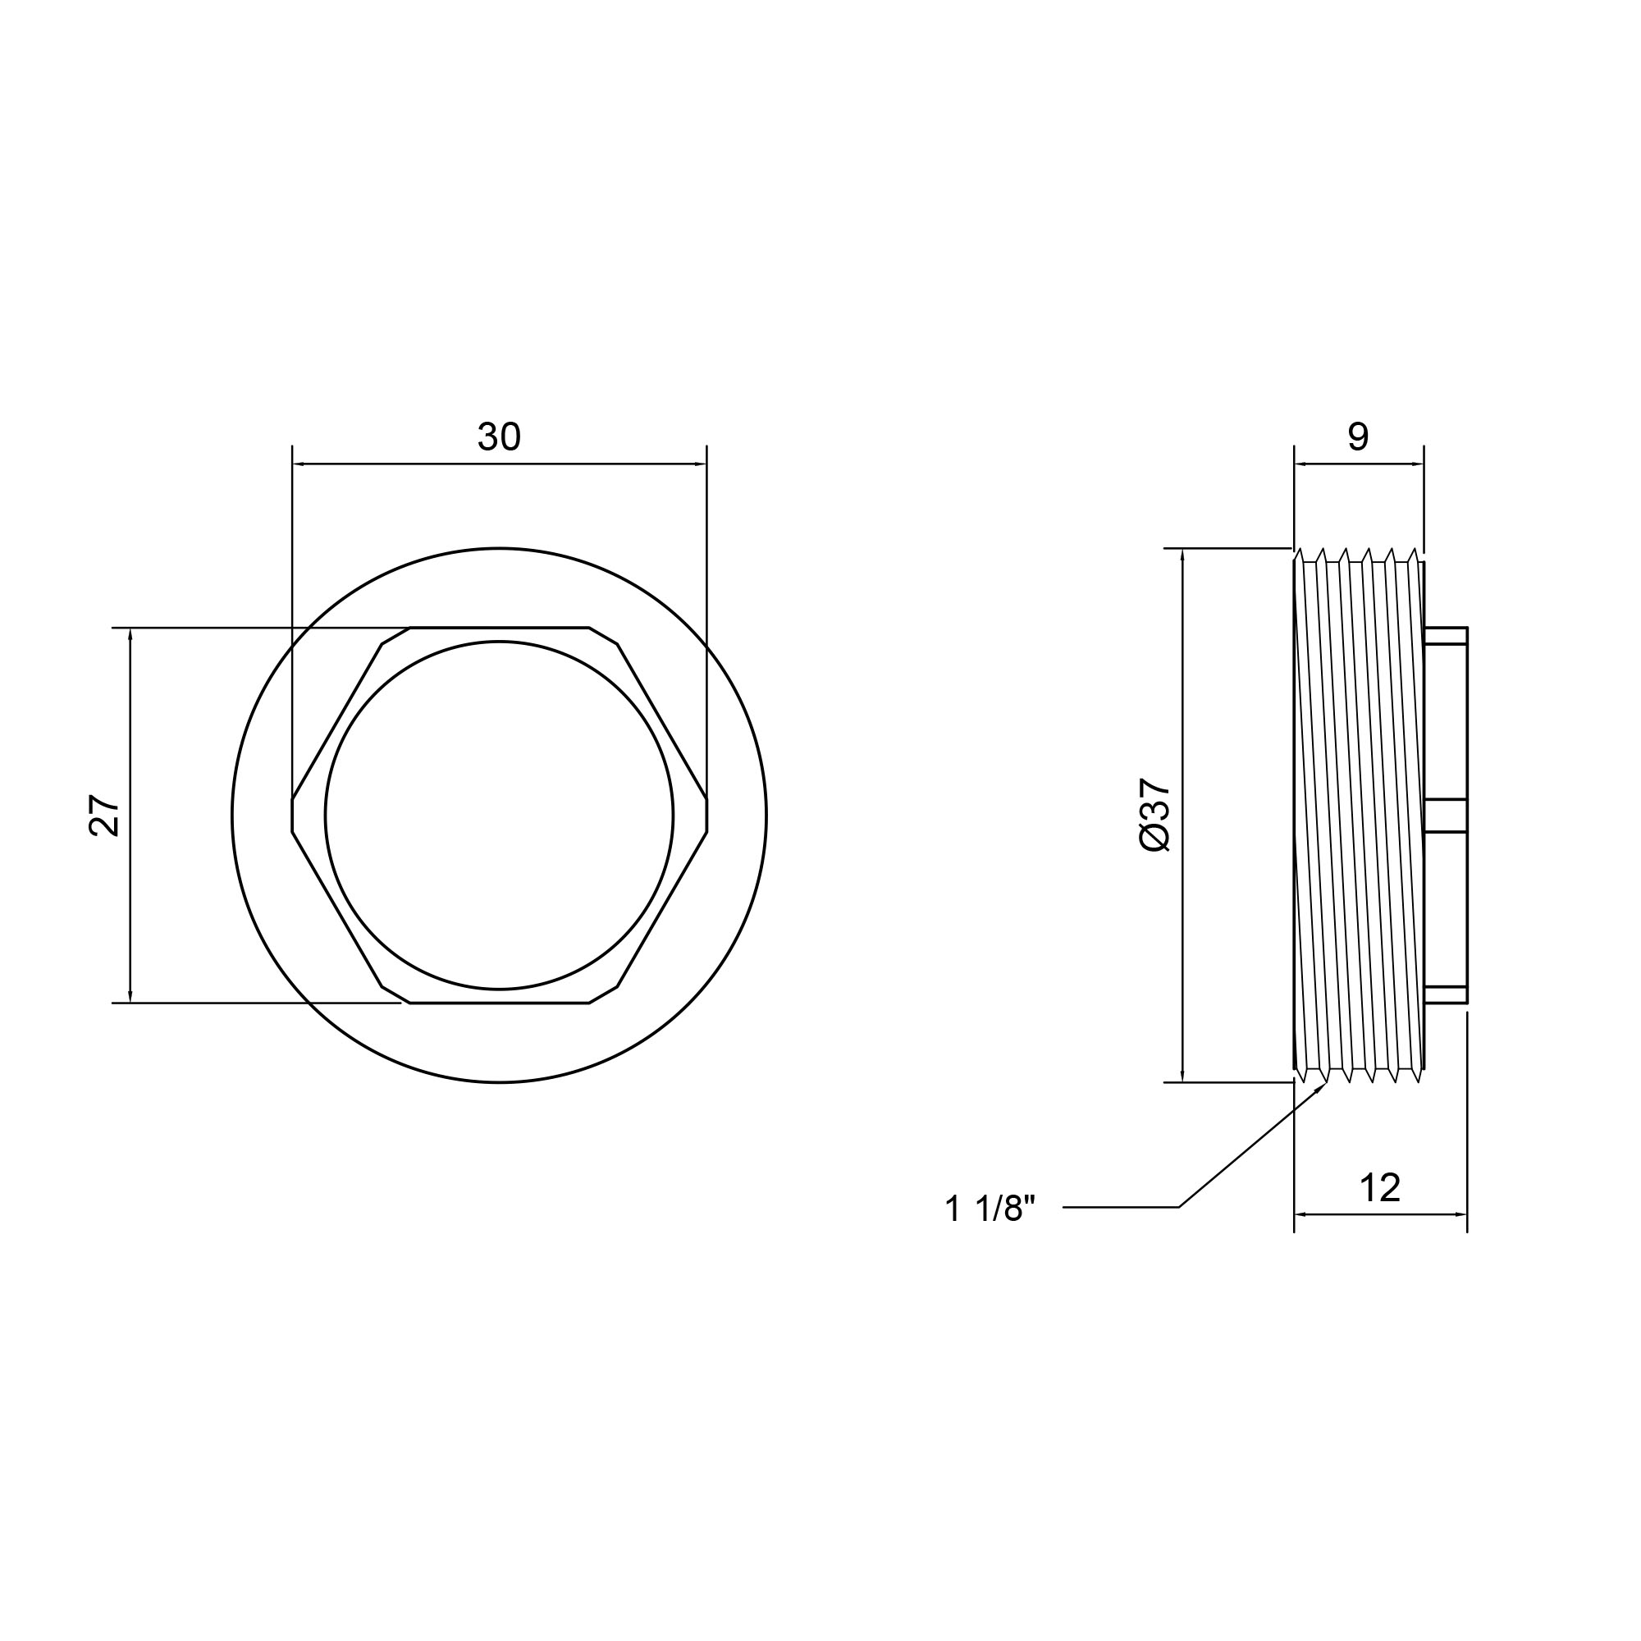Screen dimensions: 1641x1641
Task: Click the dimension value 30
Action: (x=499, y=437)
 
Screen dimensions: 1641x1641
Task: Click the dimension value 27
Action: (x=104, y=816)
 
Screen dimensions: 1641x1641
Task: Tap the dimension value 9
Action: (x=1358, y=437)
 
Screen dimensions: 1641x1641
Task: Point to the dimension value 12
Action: (x=1379, y=1188)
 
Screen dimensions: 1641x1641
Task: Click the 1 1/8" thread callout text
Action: (x=990, y=1209)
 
